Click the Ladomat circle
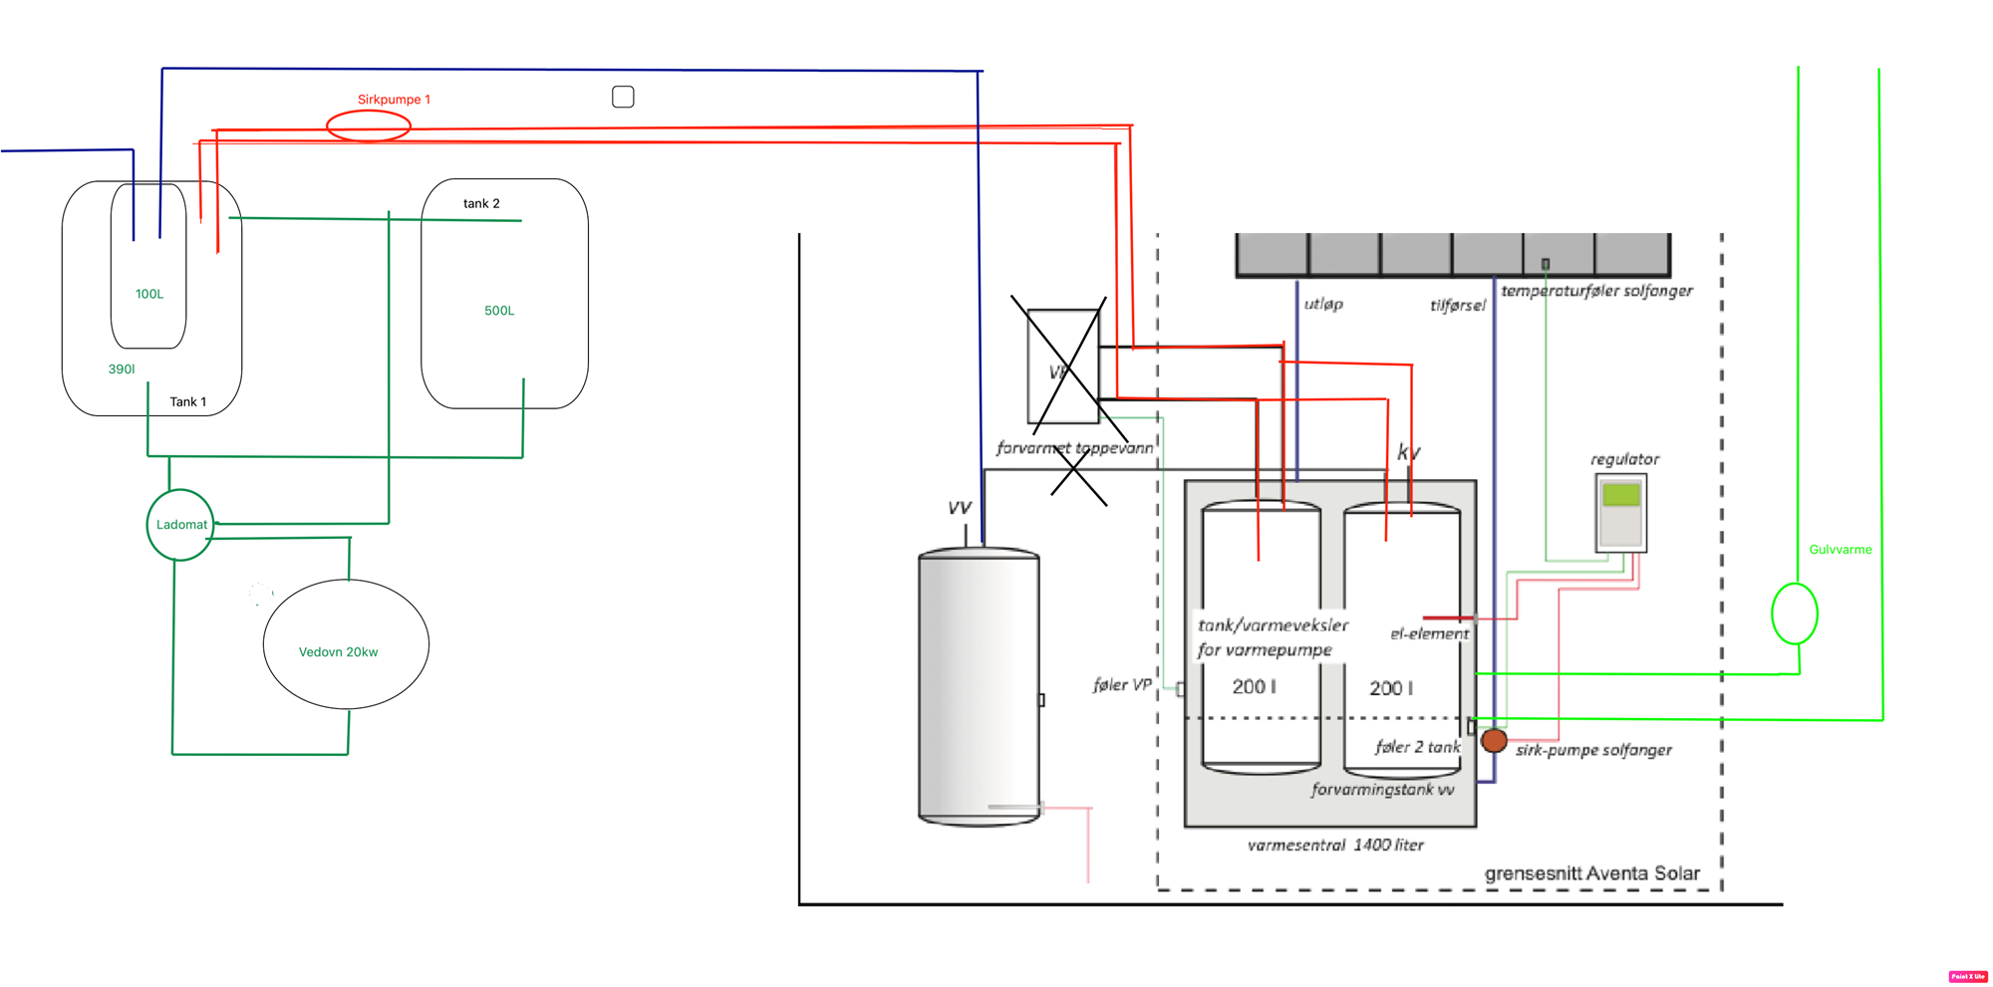[x=180, y=525]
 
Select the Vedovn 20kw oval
[x=346, y=645]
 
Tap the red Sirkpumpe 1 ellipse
[x=369, y=125]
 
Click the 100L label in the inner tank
[x=149, y=294]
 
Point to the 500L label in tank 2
[x=499, y=311]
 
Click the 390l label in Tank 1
[x=122, y=370]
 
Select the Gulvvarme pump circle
[x=1794, y=613]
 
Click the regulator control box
[x=1621, y=513]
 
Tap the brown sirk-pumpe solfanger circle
[x=1494, y=740]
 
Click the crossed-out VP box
[x=1063, y=367]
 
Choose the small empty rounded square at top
[x=623, y=97]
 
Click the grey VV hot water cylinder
[x=979, y=687]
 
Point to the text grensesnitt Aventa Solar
[x=1591, y=873]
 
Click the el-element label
[x=1429, y=633]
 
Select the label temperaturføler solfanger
[x=1596, y=291]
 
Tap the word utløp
[x=1323, y=304]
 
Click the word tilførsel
[x=1457, y=306]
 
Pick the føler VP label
[x=1122, y=685]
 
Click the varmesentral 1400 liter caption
[x=1335, y=845]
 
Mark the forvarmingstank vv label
[x=1382, y=790]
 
